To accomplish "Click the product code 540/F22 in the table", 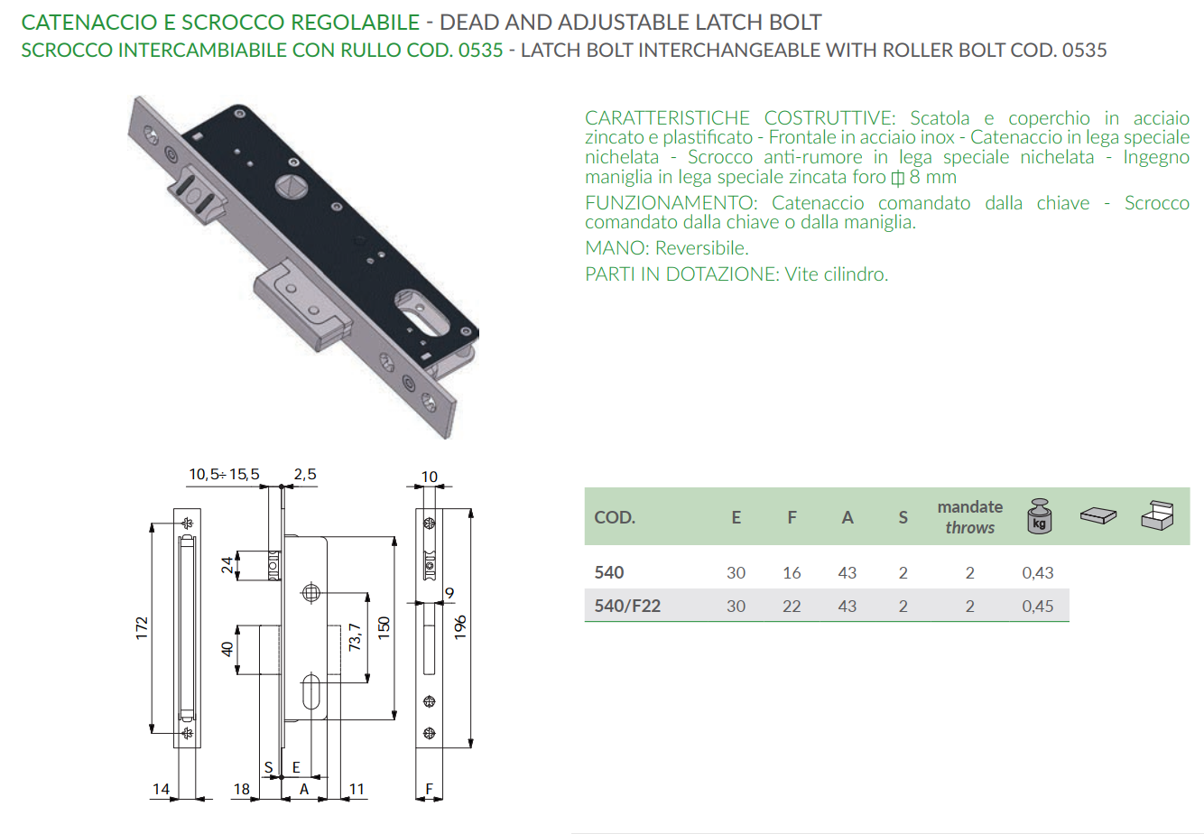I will click(627, 607).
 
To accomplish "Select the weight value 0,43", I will click(1037, 572).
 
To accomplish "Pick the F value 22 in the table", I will click(792, 607).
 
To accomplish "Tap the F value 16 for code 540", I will click(792, 572).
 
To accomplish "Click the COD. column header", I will click(615, 517).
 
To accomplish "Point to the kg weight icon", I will click(1039, 516).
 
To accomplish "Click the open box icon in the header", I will click(1157, 516).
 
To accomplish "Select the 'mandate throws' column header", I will click(969, 517).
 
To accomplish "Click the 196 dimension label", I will click(460, 627).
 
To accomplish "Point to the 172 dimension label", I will click(142, 629).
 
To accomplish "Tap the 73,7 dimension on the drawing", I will click(355, 637).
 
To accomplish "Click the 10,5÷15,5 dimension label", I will click(224, 474).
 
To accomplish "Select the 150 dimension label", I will click(384, 628).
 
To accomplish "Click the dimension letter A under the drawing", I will click(304, 789).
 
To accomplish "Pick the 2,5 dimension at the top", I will click(305, 474).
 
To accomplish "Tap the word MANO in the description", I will click(616, 248).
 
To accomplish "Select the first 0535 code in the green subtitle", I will click(480, 50).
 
